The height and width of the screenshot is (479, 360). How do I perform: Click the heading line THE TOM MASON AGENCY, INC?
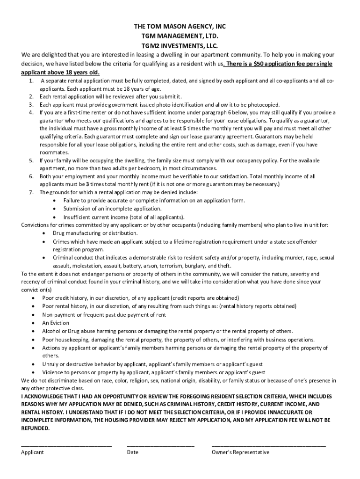[180, 27]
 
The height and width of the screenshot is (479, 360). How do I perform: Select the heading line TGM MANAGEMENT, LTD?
[180, 36]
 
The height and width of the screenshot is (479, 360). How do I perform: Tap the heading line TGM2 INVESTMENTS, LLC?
[180, 46]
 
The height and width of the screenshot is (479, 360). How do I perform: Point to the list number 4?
[31, 112]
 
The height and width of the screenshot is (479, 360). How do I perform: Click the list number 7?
[31, 192]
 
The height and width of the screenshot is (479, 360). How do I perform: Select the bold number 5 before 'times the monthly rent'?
[185, 128]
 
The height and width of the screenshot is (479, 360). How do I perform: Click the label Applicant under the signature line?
[33, 452]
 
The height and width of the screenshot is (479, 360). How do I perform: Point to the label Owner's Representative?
[240, 452]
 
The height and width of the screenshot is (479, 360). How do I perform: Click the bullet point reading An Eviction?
[56, 323]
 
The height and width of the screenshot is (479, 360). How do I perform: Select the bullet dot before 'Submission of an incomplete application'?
[55, 209]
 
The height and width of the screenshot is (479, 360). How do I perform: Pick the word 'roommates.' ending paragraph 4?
[54, 152]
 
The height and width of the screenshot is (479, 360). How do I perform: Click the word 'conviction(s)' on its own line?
[36, 290]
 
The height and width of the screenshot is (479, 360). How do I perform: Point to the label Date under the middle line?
[132, 452]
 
